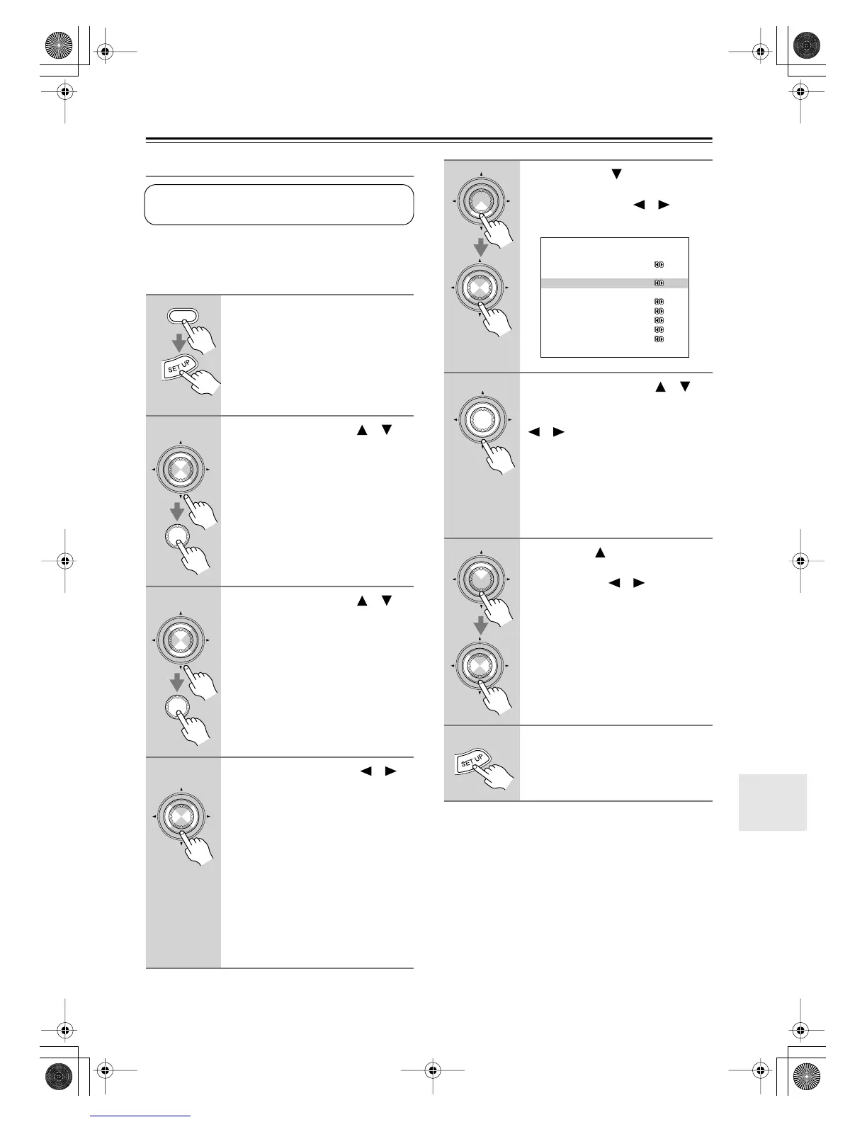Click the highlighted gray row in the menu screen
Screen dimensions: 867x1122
pyautogui.click(x=614, y=283)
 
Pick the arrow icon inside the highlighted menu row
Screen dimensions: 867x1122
pyautogui.click(x=659, y=283)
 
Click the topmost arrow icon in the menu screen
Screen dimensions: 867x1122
pyautogui.click(x=659, y=265)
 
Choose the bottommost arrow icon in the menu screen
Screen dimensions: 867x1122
pyautogui.click(x=659, y=339)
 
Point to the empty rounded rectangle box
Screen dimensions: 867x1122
pyautogui.click(x=279, y=205)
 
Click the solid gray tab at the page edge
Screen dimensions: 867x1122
pyautogui.click(x=772, y=802)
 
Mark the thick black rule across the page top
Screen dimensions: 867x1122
pyautogui.click(x=429, y=140)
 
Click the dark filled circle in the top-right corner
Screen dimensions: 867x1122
pyautogui.click(x=806, y=47)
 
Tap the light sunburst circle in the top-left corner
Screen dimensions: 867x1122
pyautogui.click(x=59, y=47)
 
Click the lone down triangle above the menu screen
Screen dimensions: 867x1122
pyautogui.click(x=616, y=174)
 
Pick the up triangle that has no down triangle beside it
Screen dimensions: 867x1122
pyautogui.click(x=599, y=552)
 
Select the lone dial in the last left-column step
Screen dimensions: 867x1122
pyautogui.click(x=181, y=817)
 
